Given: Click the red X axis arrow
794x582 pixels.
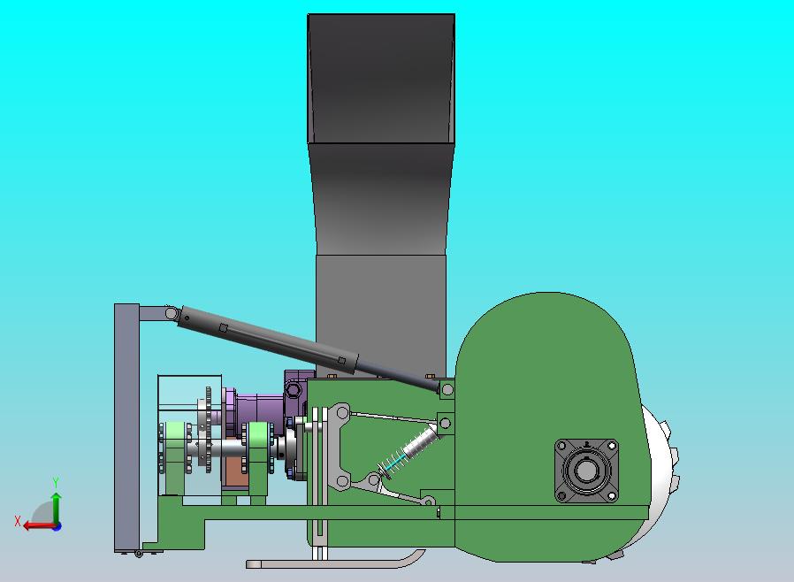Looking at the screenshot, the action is pyautogui.click(x=40, y=525).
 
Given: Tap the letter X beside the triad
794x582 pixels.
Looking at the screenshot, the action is pyautogui.click(x=18, y=521).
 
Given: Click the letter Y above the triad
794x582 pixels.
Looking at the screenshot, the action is pyautogui.click(x=56, y=482).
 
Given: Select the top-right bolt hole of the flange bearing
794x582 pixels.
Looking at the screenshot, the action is pyautogui.click(x=612, y=446).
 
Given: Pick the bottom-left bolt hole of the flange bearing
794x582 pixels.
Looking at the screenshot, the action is pyautogui.click(x=561, y=496).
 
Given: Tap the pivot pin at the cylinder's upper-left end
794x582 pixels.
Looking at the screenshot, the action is pyautogui.click(x=172, y=313).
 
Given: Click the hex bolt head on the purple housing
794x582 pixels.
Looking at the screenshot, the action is pyautogui.click(x=294, y=390).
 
